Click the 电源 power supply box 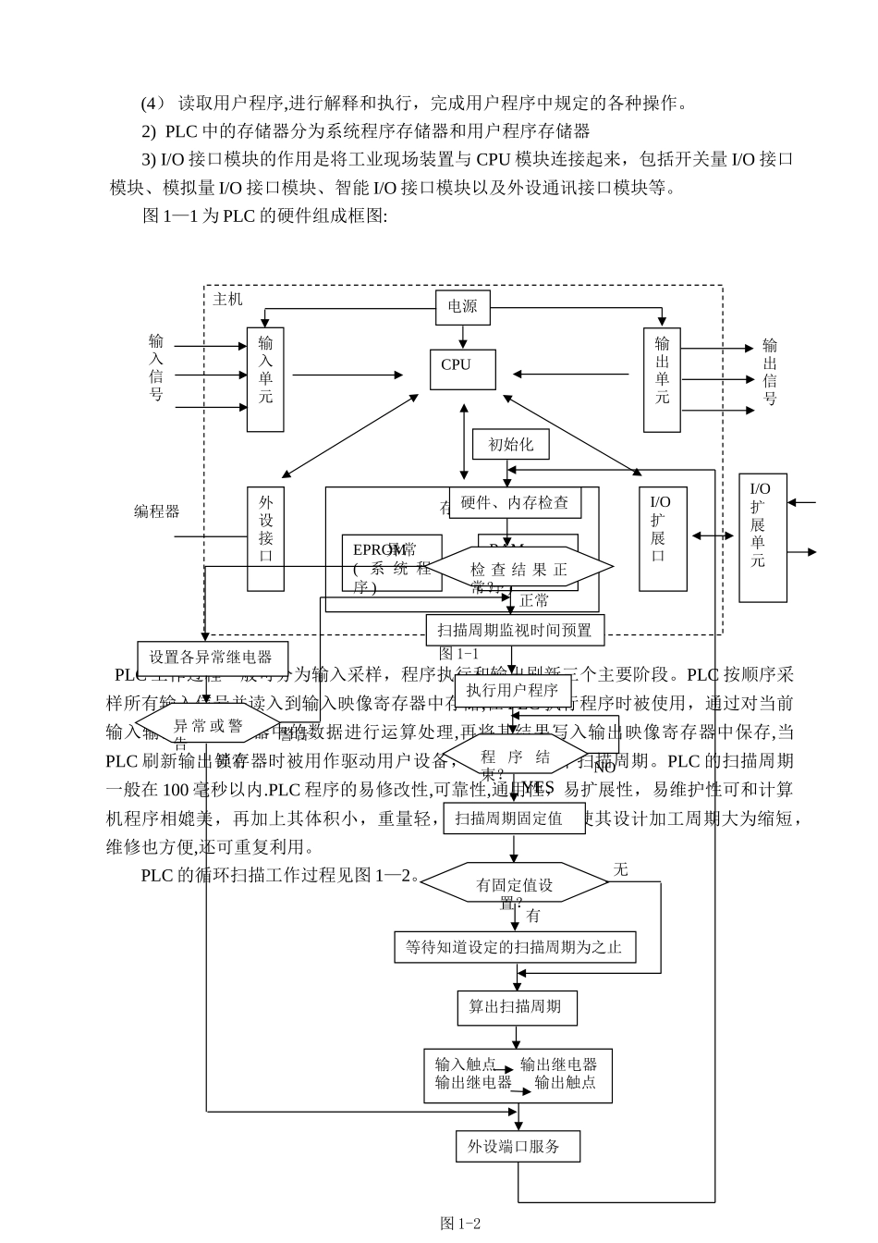462,307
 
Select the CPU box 462,369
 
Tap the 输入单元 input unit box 265,379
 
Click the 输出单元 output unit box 662,379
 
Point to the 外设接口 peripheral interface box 265,538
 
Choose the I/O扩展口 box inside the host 663,538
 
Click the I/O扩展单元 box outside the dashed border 762,537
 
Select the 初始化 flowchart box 510,444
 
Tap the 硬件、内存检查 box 515,502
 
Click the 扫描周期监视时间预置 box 515,630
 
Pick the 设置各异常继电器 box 212,658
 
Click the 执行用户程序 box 512,690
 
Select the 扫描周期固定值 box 515,818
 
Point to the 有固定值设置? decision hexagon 515,883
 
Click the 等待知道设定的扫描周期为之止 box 515,946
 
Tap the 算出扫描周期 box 516,1007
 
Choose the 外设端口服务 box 518,1147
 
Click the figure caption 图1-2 460,1223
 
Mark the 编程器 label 156,511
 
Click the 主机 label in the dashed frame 227,299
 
